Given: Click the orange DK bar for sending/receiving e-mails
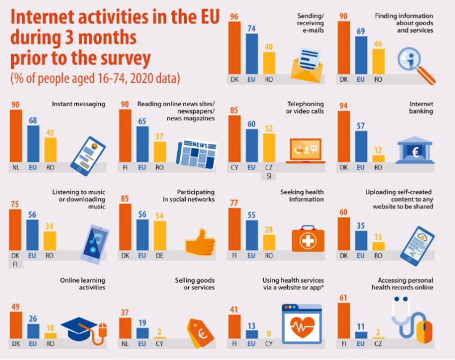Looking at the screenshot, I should tap(234, 47).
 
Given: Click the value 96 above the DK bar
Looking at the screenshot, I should tap(234, 17).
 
